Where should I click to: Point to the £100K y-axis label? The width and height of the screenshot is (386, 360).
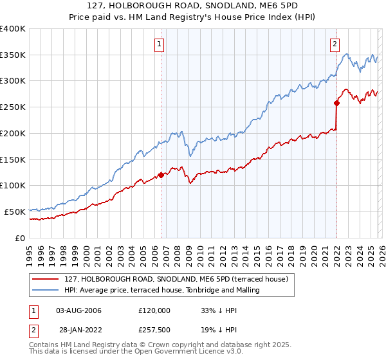13,185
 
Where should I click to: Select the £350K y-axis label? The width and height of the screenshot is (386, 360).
13,55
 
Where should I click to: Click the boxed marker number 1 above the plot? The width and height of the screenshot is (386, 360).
159,44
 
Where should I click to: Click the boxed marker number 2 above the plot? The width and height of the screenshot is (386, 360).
335,44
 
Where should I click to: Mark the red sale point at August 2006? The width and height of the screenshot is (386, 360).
161,175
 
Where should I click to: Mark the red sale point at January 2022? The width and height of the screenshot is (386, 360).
336,103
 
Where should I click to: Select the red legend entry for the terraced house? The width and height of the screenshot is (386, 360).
179,278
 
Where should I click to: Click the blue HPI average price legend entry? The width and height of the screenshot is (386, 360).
161,290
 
